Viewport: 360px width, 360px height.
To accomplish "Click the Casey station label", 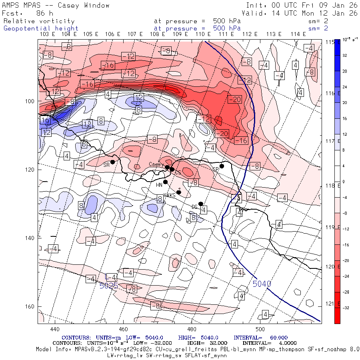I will click(154, 164).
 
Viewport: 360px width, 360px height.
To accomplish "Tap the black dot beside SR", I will click(113, 162).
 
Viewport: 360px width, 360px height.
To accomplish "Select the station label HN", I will click(159, 184).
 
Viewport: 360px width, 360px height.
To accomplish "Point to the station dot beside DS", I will click(201, 204).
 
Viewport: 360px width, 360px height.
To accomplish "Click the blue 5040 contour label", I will click(262, 284).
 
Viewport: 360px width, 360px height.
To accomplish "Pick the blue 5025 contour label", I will click(108, 286).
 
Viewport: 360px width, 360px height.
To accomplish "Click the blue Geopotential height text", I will click(41, 28).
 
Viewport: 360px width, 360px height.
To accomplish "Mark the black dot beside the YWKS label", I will click(179, 192).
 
